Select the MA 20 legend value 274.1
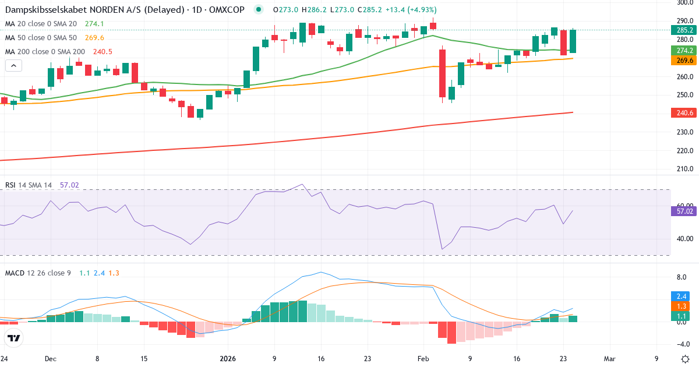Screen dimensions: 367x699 (94, 24)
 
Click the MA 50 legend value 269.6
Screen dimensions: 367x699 (94, 38)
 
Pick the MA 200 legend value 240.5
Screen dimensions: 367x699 (103, 52)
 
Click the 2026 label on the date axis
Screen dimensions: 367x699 (227, 359)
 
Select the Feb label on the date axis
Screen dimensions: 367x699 (423, 359)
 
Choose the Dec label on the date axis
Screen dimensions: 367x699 (50, 359)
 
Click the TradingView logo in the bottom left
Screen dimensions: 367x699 (14, 338)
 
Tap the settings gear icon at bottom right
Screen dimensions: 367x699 (685, 359)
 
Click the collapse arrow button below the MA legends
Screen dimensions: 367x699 (13, 66)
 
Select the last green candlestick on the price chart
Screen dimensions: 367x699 (573, 41)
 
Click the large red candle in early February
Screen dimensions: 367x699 (442, 73)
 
